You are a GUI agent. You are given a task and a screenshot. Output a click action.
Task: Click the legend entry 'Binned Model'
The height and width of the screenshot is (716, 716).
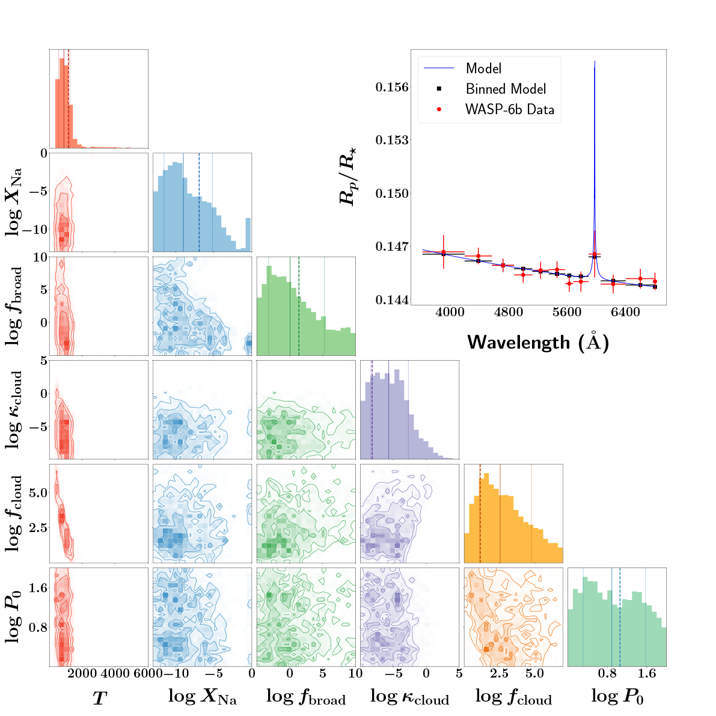[506, 89]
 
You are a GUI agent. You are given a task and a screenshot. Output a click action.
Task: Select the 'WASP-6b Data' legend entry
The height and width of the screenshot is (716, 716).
[509, 110]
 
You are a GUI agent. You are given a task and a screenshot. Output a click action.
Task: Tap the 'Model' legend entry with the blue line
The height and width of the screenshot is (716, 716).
[483, 69]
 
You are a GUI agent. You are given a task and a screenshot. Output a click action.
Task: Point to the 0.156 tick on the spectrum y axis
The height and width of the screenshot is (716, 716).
[392, 87]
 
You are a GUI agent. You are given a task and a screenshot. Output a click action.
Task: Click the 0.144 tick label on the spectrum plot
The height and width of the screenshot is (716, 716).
[392, 299]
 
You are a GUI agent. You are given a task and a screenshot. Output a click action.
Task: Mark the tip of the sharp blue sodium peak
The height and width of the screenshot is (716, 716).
[595, 61]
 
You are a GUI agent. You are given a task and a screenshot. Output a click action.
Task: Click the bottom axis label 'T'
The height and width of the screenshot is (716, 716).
[99, 698]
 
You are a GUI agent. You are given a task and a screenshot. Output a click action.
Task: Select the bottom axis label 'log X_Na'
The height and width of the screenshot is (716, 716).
[203, 697]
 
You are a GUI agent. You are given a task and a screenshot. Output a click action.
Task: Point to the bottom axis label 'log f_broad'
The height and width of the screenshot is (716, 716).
[306, 697]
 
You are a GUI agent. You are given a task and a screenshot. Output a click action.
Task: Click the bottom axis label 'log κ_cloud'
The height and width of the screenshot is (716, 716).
[409, 697]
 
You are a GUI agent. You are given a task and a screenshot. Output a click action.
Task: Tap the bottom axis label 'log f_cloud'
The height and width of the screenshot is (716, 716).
[513, 697]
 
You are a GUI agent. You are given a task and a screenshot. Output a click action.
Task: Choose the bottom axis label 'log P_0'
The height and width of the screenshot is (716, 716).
[617, 697]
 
